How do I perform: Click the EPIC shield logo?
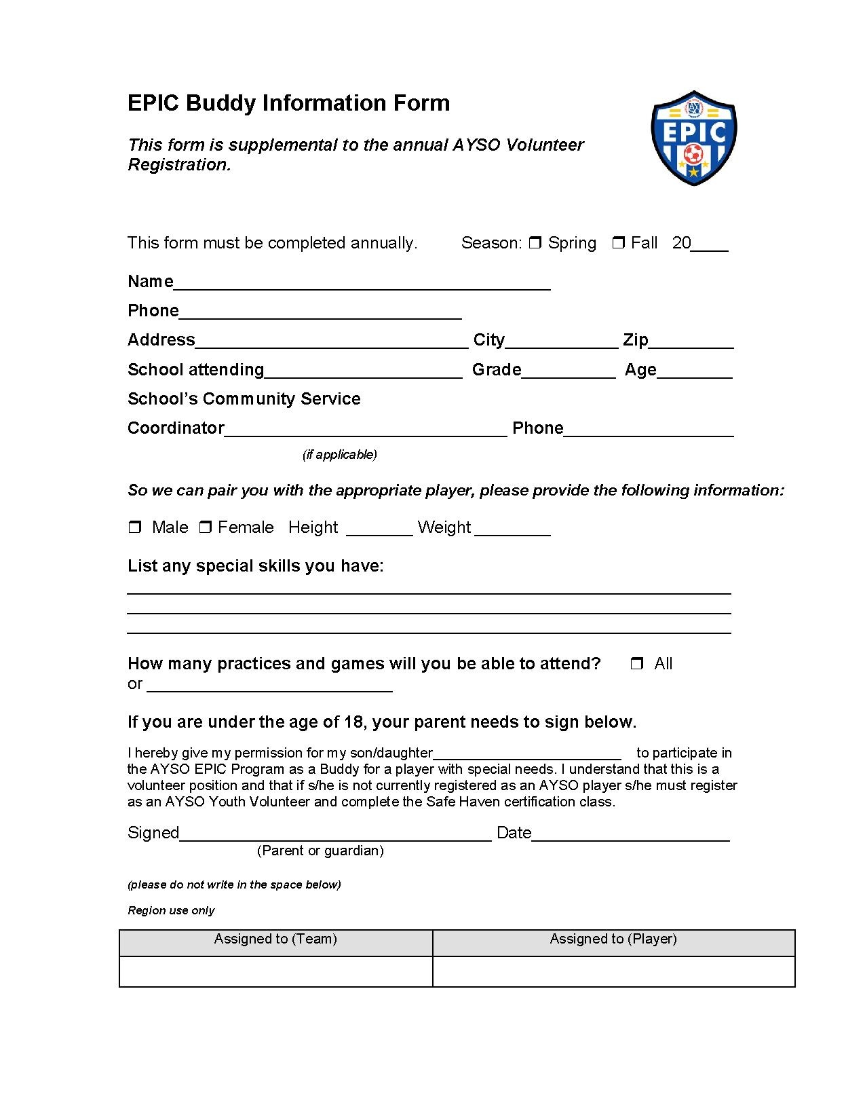click(693, 138)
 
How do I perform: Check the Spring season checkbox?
click(535, 243)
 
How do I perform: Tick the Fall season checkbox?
click(618, 243)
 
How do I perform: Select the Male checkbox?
click(134, 527)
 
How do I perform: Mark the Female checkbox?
click(205, 527)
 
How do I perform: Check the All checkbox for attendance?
click(636, 664)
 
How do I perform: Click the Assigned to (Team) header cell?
click(275, 939)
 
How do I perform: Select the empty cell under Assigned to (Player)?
click(613, 971)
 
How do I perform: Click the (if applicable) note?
click(339, 455)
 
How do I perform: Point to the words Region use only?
click(171, 910)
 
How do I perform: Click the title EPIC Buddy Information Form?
click(288, 103)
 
